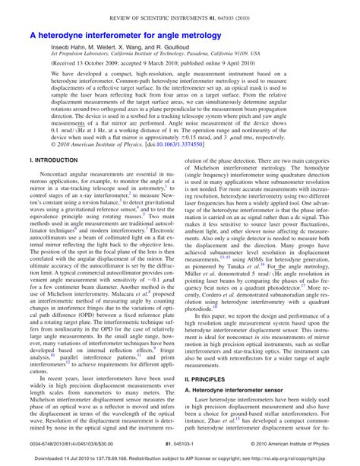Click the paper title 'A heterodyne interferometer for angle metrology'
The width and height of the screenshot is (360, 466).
125,35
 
